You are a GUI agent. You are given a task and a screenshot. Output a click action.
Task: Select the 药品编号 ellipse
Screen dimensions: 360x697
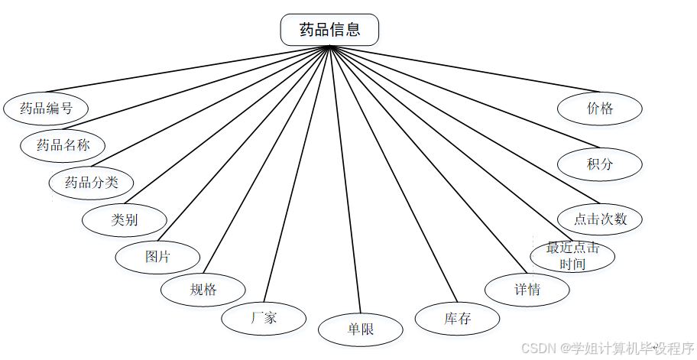point(46,109)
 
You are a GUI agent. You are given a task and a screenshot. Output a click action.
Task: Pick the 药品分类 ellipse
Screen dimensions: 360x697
point(91,183)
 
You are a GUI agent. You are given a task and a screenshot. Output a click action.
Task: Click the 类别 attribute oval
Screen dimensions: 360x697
point(125,220)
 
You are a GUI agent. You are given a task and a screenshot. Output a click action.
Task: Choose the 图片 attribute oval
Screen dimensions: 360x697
point(157,257)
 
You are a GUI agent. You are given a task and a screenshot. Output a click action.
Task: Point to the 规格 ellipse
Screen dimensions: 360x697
point(203,290)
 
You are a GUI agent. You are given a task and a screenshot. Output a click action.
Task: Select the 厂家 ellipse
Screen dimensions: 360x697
point(264,318)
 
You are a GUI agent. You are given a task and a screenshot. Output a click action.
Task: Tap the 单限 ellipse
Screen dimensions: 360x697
point(360,330)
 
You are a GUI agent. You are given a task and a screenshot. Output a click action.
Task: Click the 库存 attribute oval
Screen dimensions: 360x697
point(457,319)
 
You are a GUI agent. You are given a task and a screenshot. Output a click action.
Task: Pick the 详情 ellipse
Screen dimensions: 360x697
point(527,290)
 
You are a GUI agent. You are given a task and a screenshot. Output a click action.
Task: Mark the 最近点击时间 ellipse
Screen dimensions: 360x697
point(572,257)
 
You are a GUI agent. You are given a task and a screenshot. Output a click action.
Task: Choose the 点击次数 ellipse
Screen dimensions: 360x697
point(600,219)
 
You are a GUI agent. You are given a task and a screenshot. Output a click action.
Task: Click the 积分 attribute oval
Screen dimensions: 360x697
point(600,164)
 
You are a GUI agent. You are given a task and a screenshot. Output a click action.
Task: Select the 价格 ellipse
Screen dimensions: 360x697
point(600,109)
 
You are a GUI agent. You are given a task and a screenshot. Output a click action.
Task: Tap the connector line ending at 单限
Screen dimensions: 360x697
point(344,176)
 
